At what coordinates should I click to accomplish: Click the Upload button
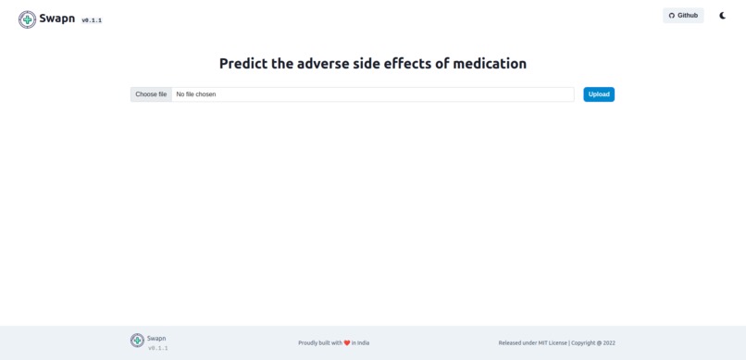coord(599,94)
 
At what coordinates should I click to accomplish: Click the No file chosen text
coord(196,94)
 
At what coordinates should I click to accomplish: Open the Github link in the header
coord(683,16)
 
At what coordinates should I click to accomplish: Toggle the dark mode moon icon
coord(723,16)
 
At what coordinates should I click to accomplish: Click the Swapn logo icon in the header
coord(27,19)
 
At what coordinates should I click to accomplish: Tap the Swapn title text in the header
coord(56,18)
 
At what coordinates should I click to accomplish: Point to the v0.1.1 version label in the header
coord(92,20)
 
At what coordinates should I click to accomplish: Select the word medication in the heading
coord(490,64)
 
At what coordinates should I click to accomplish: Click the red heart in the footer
coord(347,342)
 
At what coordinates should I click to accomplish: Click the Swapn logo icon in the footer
coord(137,341)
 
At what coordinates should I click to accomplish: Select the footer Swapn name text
coord(156,338)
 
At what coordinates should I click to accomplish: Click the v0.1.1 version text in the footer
coord(158,348)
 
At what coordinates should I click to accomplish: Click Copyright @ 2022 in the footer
coord(593,342)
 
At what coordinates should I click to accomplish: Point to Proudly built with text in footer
coord(320,342)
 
